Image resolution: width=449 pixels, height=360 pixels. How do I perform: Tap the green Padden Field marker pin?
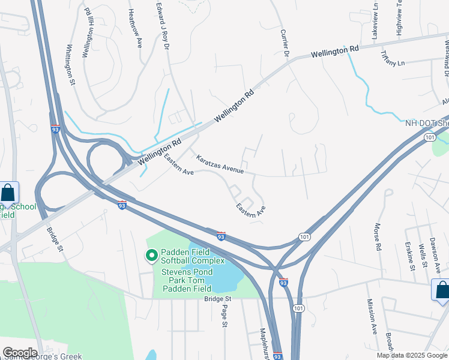tap(152, 256)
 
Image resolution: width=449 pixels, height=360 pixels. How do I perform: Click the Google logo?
tap(19, 353)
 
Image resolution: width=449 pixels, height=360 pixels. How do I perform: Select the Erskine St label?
tap(410, 256)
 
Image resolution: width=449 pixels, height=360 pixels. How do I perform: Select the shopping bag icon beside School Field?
tap(8, 193)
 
